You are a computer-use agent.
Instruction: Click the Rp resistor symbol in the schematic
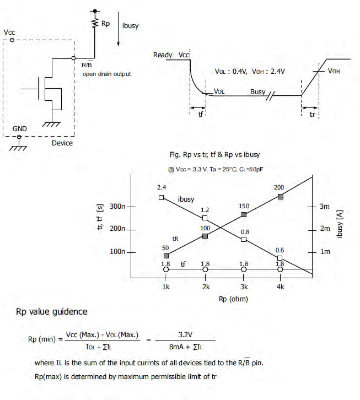point(94,24)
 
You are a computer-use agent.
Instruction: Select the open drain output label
point(106,74)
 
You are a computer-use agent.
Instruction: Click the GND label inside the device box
point(20,128)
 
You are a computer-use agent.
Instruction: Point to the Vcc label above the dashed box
point(9,33)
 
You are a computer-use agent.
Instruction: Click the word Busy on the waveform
point(257,92)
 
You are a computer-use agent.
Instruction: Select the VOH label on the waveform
point(334,71)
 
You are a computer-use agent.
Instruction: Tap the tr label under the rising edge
point(311,114)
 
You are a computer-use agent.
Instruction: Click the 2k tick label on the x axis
point(206,287)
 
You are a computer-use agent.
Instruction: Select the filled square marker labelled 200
point(280,196)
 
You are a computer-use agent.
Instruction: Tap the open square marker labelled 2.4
point(161,197)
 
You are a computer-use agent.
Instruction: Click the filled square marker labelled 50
point(166,256)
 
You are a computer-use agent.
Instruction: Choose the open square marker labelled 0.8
point(244,240)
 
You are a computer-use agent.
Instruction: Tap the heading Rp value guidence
point(51,312)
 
